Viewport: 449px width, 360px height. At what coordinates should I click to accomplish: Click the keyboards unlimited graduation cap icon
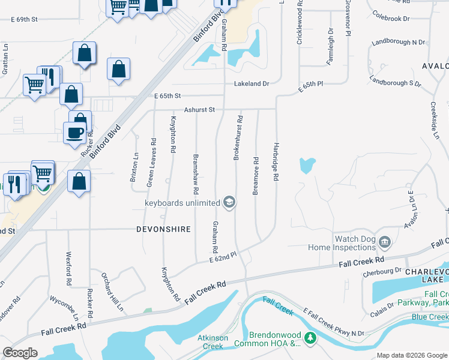click(x=229, y=203)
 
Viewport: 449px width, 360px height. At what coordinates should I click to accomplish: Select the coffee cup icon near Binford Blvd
click(x=75, y=133)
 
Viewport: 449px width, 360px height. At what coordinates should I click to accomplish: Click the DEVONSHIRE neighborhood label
click(x=163, y=229)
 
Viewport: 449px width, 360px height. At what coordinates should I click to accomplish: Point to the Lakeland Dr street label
click(x=252, y=84)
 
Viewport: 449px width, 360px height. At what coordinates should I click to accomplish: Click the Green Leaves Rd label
click(x=152, y=163)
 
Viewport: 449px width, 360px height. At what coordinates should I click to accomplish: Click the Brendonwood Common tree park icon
click(x=310, y=338)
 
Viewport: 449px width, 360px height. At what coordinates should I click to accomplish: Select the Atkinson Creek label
click(x=213, y=342)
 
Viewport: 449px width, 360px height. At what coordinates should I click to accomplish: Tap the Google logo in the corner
click(x=20, y=353)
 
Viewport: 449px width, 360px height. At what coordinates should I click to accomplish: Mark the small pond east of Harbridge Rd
click(x=307, y=165)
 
